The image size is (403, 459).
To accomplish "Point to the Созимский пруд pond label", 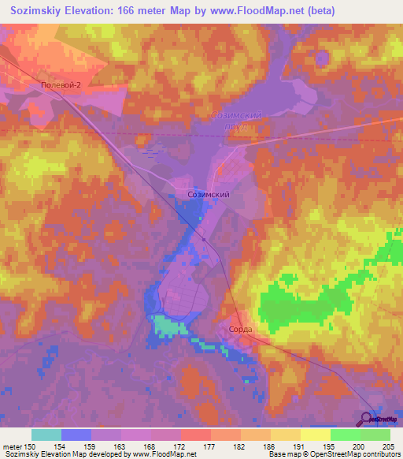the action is pos(236,120).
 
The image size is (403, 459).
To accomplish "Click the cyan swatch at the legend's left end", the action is pos(46,435).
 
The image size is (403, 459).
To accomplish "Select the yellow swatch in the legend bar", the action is pos(315,435).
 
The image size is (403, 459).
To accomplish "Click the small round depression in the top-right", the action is pos(321,57).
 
